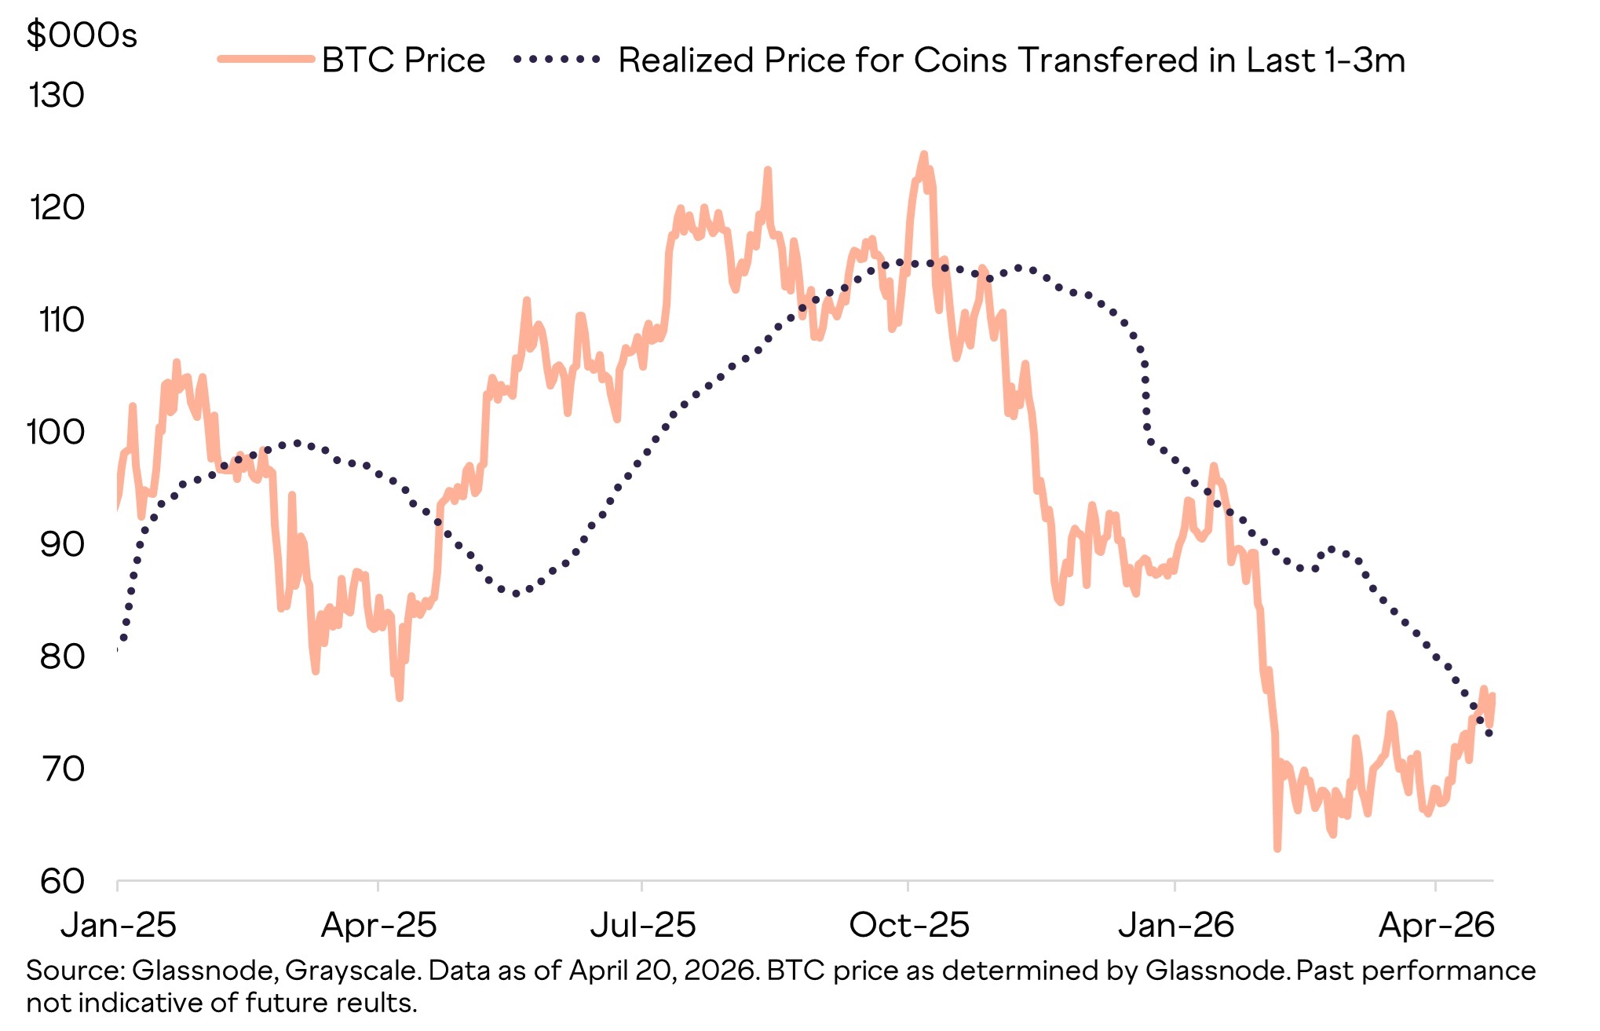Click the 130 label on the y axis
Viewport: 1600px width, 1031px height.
coord(56,96)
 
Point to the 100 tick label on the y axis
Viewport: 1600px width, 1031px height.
coord(55,433)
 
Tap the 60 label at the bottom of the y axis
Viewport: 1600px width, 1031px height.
coord(62,882)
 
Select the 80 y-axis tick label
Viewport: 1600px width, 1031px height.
coord(62,657)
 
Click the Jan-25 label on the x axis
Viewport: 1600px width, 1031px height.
coord(119,926)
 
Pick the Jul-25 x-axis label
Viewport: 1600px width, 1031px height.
coord(643,926)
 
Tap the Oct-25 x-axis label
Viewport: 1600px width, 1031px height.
coord(909,926)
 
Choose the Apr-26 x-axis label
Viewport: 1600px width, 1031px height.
coord(1437,926)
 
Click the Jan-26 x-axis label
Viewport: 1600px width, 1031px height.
coord(1176,926)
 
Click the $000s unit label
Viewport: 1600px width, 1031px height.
coord(82,36)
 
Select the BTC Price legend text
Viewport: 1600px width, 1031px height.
coord(404,60)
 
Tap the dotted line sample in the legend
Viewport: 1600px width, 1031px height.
coord(557,60)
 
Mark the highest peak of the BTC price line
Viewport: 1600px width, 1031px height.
coord(923,155)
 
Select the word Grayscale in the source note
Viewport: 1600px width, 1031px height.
coord(351,971)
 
